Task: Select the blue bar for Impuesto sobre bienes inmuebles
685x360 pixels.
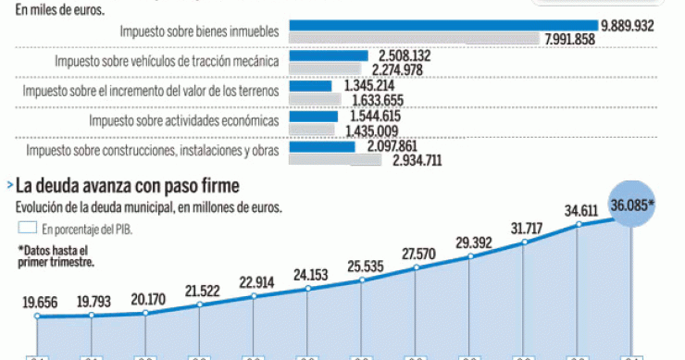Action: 443,25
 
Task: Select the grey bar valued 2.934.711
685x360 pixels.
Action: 335,160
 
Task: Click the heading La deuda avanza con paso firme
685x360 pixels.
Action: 126,187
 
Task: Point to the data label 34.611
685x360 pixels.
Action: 583,211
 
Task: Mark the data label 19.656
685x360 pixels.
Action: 39,302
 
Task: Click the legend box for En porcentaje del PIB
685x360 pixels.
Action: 26,227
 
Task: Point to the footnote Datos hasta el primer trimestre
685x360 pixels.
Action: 55,255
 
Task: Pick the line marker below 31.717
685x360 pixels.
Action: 525,243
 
